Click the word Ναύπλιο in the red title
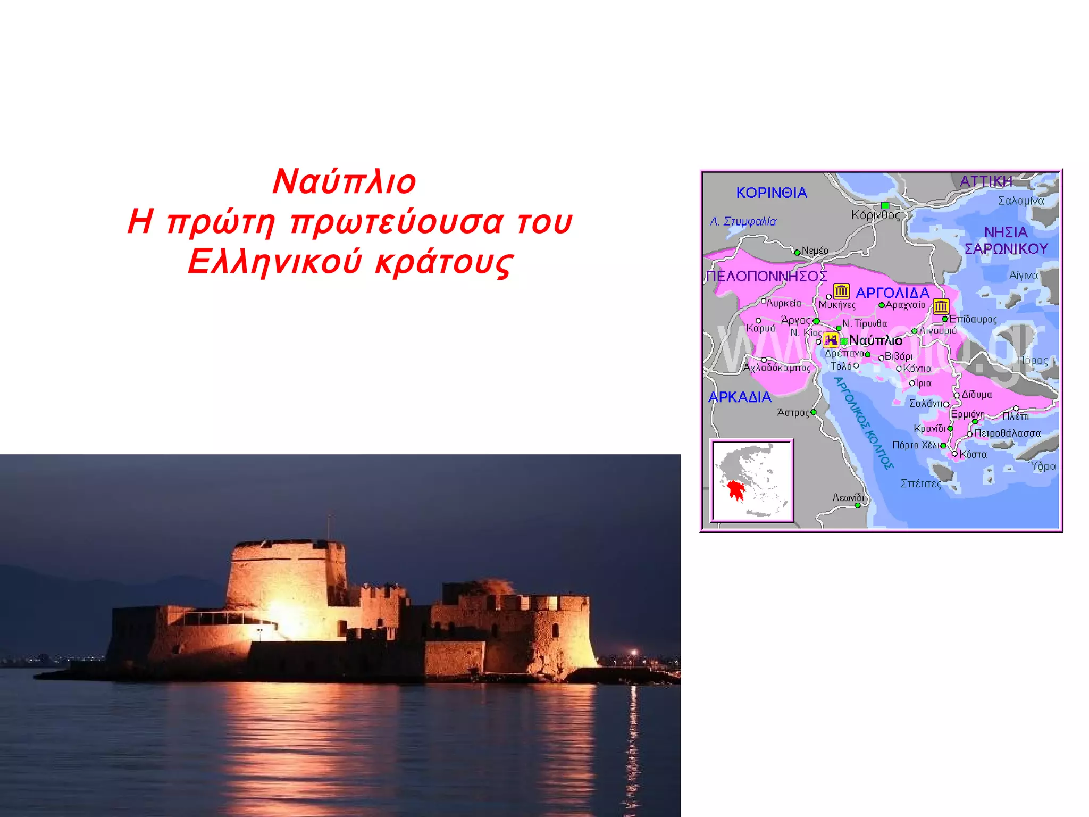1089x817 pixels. tap(344, 182)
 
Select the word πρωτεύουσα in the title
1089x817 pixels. tap(397, 222)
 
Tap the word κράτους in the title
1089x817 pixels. tap(444, 262)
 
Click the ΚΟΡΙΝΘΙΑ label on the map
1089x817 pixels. tap(772, 193)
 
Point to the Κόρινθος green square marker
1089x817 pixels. tap(885, 205)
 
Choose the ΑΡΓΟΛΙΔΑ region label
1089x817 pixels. tap(892, 293)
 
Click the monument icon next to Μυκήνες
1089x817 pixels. tap(841, 291)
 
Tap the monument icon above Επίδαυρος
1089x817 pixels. tap(941, 306)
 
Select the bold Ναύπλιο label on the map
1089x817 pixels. tap(875, 340)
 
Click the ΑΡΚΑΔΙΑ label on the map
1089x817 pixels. tap(740, 397)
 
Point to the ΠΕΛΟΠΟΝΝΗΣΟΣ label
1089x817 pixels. tap(766, 276)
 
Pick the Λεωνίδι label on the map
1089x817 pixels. tap(848, 497)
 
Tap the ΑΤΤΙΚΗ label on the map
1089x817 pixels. tap(986, 181)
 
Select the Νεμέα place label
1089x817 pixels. tap(815, 251)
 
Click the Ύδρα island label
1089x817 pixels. tap(1043, 466)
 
